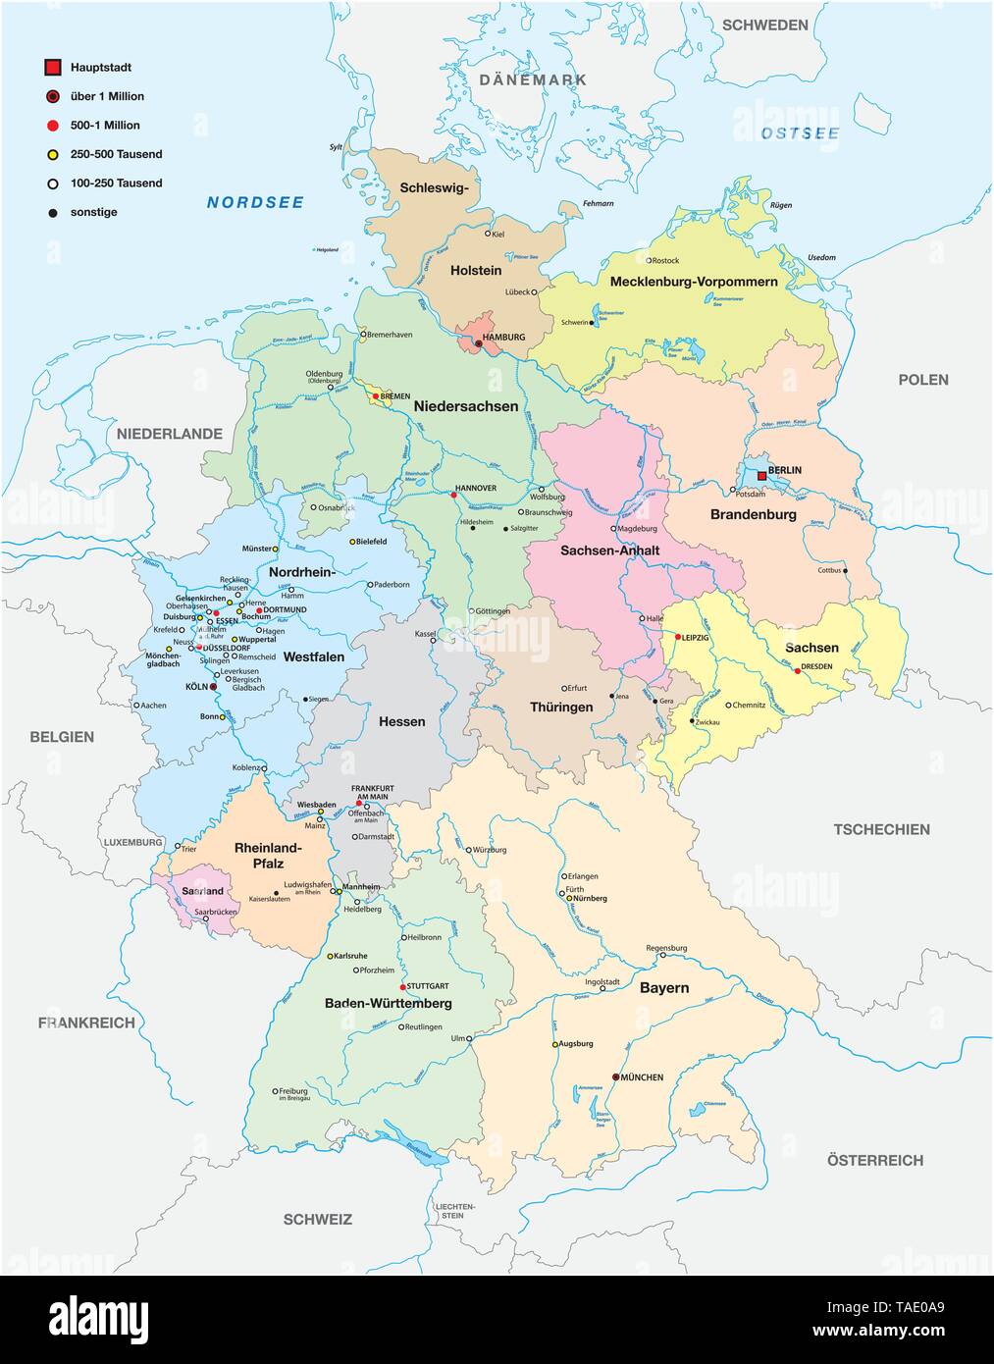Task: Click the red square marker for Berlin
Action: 761,475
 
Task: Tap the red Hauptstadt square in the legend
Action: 53,68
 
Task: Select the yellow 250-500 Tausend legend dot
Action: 53,154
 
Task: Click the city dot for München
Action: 616,1076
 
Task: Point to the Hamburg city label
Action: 503,337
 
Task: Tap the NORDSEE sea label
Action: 241,203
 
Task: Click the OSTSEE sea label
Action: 801,133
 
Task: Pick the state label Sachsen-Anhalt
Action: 609,551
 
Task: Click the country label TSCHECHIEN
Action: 881,829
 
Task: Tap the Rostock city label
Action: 665,260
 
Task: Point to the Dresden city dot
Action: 797,672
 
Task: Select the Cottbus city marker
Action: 845,570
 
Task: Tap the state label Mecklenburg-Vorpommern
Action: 694,282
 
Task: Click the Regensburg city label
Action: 666,948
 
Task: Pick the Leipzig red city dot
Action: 677,637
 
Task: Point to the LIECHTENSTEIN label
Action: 452,1210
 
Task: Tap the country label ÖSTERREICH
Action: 874,1160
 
